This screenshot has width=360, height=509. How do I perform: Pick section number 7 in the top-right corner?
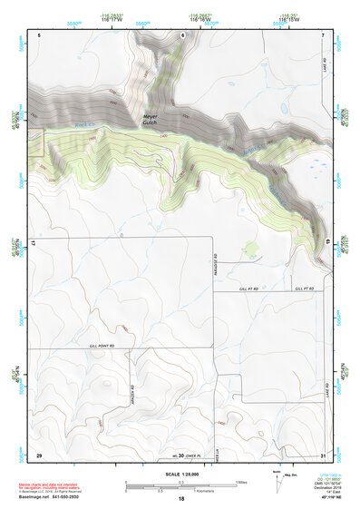(324, 34)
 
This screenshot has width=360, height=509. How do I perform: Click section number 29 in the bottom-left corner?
(38, 454)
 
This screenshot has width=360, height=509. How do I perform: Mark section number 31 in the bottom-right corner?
(324, 454)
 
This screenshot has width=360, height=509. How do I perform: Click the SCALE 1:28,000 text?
(180, 474)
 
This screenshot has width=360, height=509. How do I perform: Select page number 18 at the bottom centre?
(180, 499)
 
